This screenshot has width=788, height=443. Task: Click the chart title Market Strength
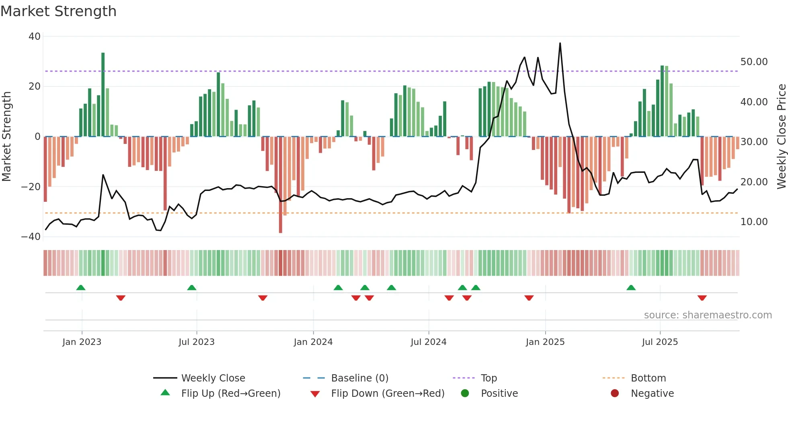[x=59, y=11]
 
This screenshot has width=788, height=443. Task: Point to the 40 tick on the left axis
[x=35, y=37]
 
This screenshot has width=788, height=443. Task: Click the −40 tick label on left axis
[x=31, y=237]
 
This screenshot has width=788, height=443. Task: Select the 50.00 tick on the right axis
[x=754, y=62]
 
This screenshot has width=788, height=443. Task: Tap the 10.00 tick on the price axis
[x=754, y=222]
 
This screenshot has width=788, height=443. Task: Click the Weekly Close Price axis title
[x=781, y=137]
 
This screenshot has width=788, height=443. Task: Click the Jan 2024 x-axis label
[x=313, y=342]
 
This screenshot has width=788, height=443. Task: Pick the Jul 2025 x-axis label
[x=660, y=342]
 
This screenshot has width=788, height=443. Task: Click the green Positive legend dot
[x=465, y=394]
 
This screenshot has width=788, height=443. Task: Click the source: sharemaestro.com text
[x=708, y=315]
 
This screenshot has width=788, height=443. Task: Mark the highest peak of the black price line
[x=560, y=43]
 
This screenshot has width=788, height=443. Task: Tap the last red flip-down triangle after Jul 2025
[x=702, y=298]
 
